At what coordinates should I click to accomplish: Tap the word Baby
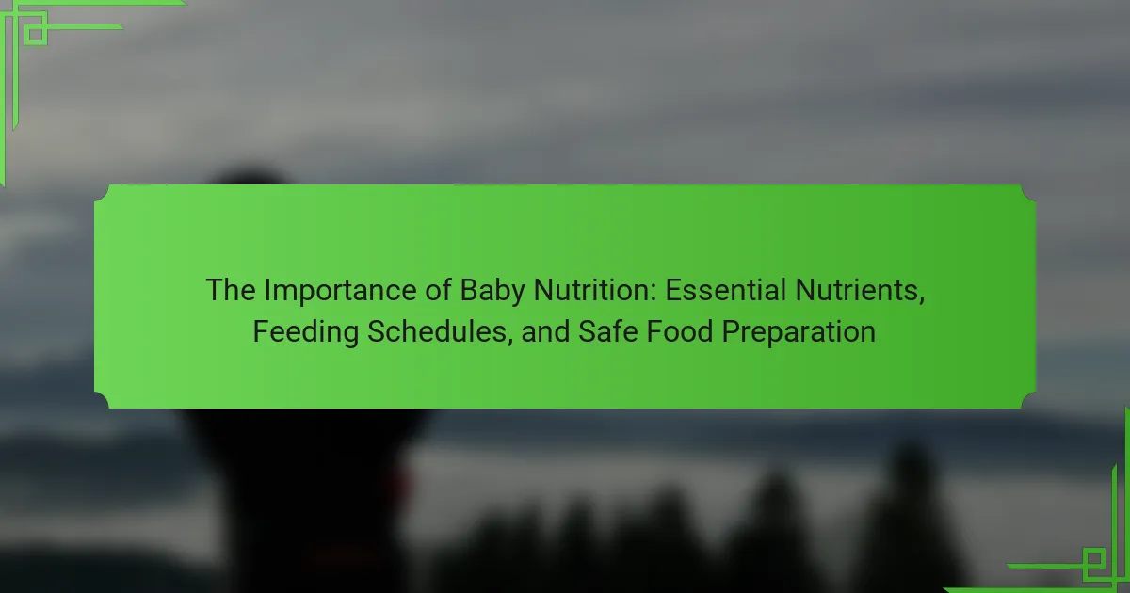(x=492, y=292)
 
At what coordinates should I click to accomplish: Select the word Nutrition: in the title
(x=595, y=290)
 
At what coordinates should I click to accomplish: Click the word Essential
(x=726, y=290)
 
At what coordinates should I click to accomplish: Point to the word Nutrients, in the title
(x=860, y=291)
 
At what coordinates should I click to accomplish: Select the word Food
(x=680, y=331)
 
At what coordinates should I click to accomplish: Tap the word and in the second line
(x=545, y=331)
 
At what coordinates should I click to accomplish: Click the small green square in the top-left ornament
(x=36, y=34)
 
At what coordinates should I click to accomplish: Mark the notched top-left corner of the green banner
(x=102, y=192)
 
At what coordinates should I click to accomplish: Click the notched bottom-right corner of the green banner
(x=1028, y=401)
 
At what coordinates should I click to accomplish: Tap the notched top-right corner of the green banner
(x=1028, y=192)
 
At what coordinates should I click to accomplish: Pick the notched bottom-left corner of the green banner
(x=102, y=401)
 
